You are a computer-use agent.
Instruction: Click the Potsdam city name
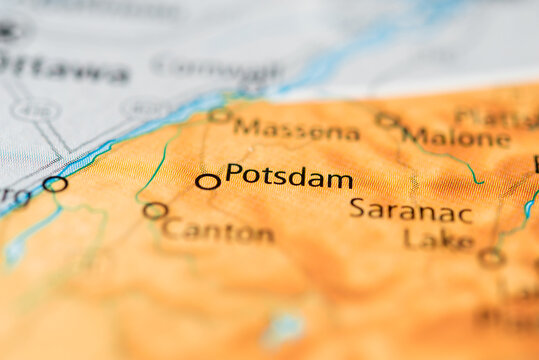(x=289, y=177)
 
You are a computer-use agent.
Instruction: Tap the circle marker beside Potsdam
(x=207, y=181)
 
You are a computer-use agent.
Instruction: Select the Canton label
(x=218, y=231)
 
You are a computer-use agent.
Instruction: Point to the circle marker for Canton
(x=154, y=210)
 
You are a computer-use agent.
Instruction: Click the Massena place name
(x=296, y=130)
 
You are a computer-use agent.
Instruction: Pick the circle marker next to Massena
(x=219, y=115)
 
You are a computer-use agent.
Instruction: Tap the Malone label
(x=456, y=137)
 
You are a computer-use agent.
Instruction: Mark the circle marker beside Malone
(x=386, y=120)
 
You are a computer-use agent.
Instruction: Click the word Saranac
(x=410, y=210)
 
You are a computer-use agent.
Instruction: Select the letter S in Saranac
(x=357, y=208)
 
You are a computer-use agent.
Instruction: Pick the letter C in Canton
(x=170, y=229)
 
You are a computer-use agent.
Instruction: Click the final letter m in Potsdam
(x=341, y=181)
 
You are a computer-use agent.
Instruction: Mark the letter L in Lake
(x=411, y=238)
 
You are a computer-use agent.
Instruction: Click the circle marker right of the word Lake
(x=490, y=257)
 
